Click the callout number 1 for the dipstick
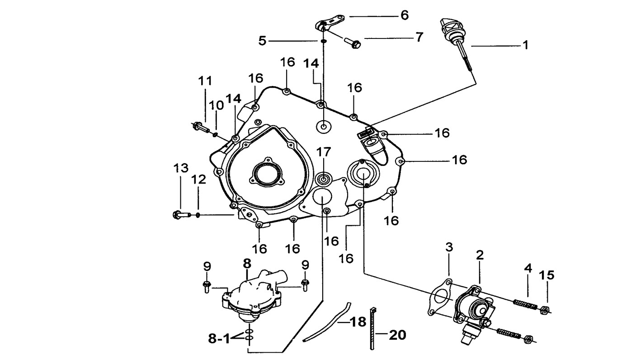point(526,45)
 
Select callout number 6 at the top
point(405,15)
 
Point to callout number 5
point(262,41)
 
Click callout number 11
point(205,81)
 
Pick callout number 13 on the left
point(181,168)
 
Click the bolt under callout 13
point(182,214)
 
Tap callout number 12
point(198,180)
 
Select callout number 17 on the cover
point(323,152)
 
